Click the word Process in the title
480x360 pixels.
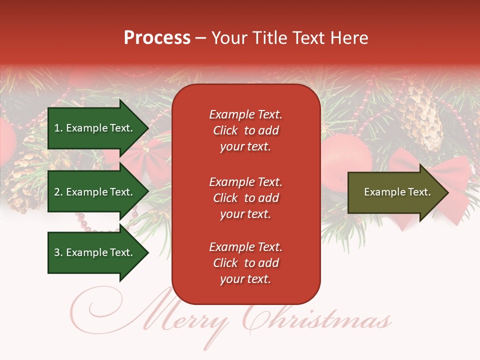(157, 38)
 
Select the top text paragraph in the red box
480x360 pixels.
(245, 130)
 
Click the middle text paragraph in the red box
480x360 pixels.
(245, 198)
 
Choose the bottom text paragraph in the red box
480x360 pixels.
(245, 263)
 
